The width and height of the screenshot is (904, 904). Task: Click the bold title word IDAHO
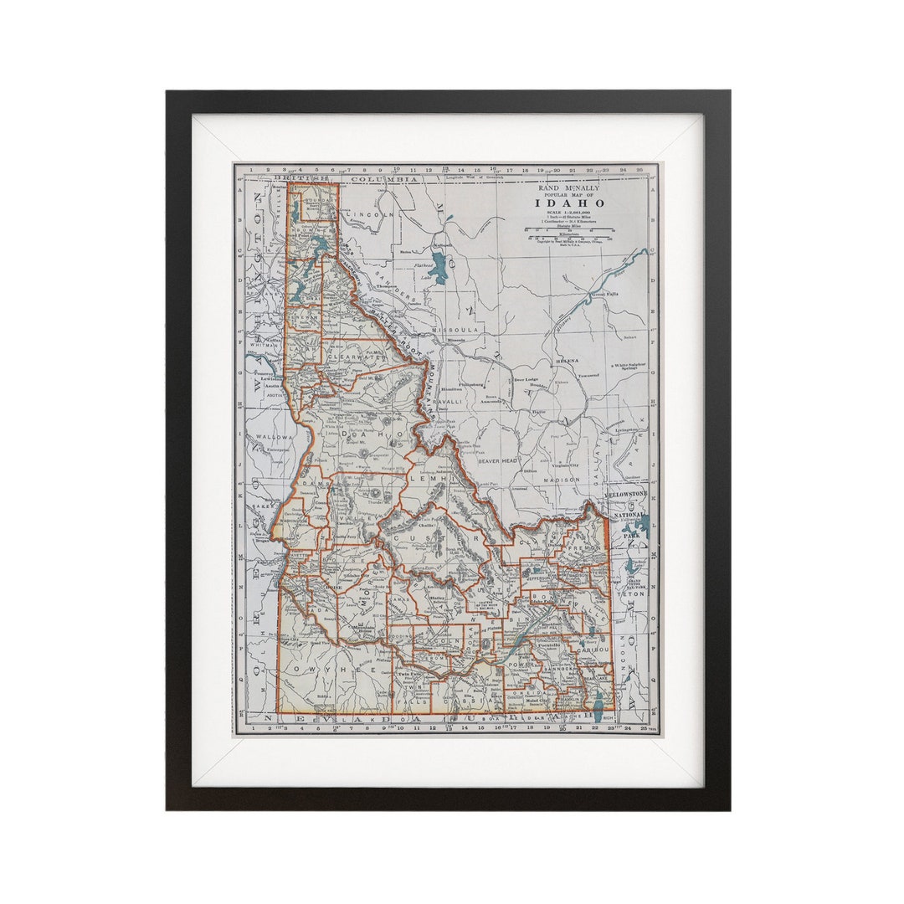tap(569, 203)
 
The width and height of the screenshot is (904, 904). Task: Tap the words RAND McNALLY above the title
tap(570, 189)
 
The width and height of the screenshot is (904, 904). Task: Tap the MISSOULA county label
tap(455, 331)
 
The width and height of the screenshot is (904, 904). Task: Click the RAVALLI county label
tap(448, 403)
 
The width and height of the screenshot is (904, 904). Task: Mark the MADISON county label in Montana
tap(562, 480)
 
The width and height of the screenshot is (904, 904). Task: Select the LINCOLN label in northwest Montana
tap(374, 215)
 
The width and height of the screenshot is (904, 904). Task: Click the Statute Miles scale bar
tap(569, 229)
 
